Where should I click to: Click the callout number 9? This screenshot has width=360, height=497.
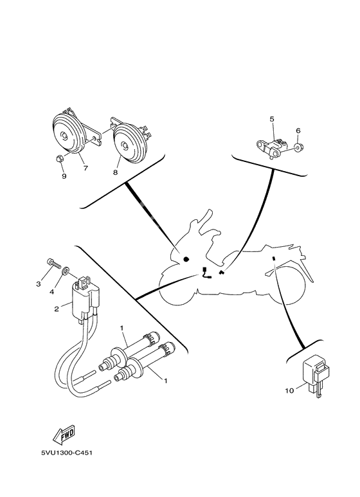64,175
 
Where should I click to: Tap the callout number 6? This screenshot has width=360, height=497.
298,131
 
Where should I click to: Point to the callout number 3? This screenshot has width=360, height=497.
38,284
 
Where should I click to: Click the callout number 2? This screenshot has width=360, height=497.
56,309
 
